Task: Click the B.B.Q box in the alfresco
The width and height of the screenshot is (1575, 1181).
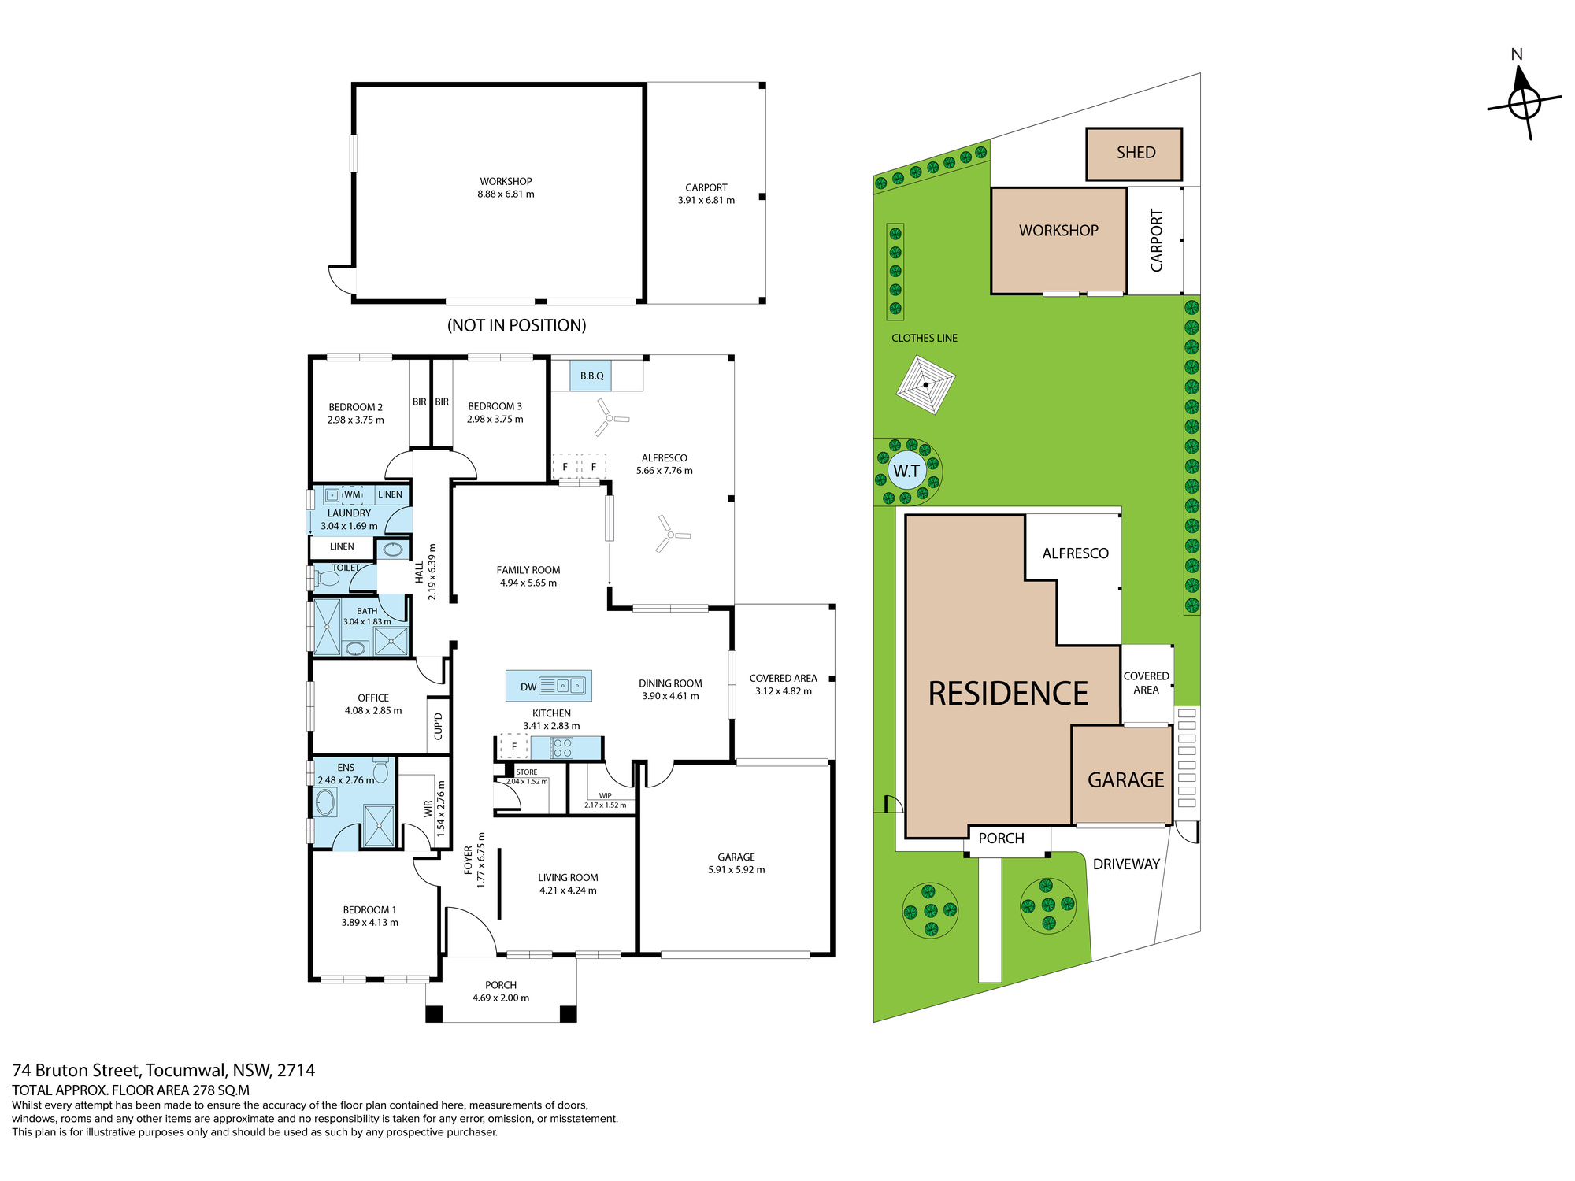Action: (x=592, y=376)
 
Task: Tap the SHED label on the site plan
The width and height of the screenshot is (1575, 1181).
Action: (x=1136, y=153)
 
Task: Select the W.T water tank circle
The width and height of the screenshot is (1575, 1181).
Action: (x=906, y=471)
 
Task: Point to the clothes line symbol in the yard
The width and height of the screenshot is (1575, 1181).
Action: (x=926, y=385)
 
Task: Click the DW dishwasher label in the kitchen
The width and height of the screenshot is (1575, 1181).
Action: (x=528, y=687)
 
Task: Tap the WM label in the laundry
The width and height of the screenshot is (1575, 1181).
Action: (x=352, y=495)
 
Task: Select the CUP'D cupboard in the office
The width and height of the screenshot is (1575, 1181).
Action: (x=439, y=726)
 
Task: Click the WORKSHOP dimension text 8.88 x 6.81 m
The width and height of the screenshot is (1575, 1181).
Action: (x=506, y=194)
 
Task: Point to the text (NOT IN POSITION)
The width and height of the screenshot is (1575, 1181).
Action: (x=517, y=325)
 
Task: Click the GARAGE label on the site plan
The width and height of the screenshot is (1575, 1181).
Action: (x=1125, y=779)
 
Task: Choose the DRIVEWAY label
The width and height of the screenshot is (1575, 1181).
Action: (x=1126, y=864)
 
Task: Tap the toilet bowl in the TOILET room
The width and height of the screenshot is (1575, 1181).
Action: (x=327, y=579)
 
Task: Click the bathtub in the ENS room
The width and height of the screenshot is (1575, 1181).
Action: (x=325, y=803)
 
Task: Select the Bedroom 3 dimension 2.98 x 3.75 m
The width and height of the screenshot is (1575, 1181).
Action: (x=495, y=420)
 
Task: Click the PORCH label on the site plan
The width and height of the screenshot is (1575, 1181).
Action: (x=1002, y=839)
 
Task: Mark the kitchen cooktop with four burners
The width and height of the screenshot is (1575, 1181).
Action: (x=562, y=747)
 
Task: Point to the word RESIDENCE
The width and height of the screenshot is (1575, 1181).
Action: (x=1008, y=694)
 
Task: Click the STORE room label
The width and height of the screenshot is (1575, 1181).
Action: (x=527, y=772)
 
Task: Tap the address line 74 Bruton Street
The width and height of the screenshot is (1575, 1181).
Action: (x=77, y=1071)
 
